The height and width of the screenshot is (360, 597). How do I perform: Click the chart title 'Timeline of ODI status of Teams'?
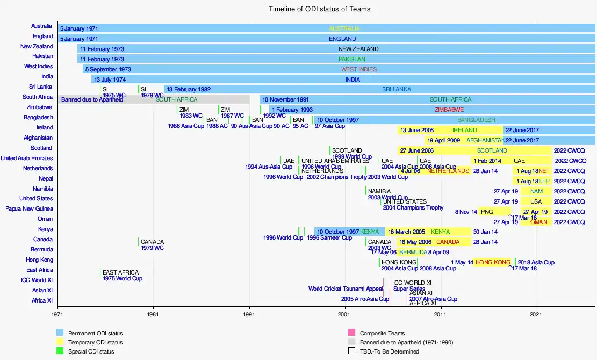319,9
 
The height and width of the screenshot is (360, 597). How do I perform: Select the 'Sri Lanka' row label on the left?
41,87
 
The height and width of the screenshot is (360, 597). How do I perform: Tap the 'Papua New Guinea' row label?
30,209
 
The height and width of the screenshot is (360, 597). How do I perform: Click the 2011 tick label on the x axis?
441,314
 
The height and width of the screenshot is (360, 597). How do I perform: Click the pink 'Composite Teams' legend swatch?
352,334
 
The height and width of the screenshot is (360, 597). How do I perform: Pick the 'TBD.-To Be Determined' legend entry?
389,351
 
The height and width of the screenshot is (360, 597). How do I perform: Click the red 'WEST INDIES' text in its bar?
358,69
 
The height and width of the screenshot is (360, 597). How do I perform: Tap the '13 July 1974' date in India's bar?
110,80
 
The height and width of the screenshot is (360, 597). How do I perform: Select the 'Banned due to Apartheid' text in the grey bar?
92,99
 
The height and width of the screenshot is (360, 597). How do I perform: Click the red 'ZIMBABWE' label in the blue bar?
449,110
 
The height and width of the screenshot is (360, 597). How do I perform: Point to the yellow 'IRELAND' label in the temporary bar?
464,130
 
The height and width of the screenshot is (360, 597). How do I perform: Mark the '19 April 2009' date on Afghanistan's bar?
444,140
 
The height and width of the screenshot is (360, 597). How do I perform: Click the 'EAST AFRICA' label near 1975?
120,273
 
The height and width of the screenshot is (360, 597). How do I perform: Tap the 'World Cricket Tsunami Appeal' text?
346,289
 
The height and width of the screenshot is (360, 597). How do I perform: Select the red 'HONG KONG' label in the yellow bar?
493,262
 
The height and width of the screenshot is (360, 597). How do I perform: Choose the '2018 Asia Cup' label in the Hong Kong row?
536,262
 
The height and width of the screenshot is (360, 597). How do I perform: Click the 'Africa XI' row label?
42,301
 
